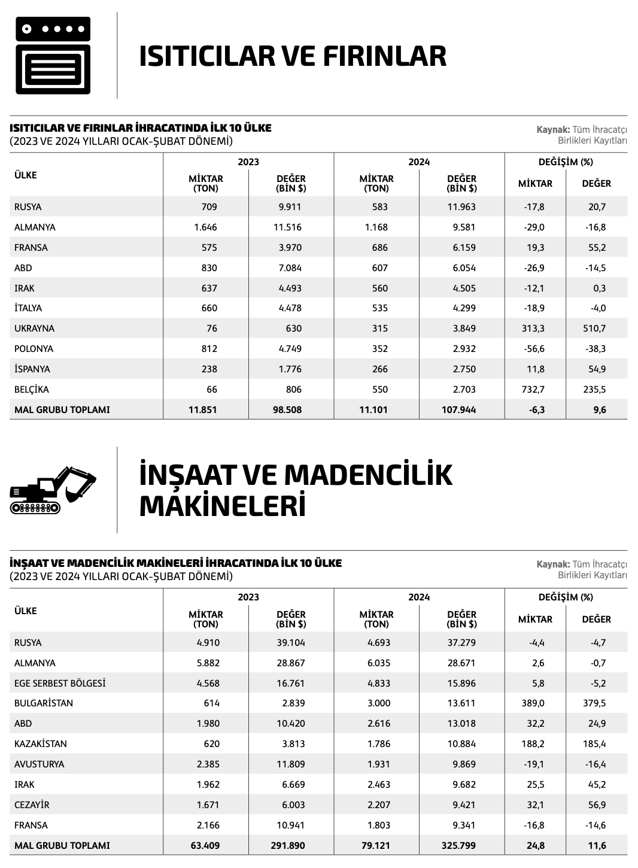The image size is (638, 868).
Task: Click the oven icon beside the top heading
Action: pos(53,55)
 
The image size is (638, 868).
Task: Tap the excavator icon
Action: pos(53,490)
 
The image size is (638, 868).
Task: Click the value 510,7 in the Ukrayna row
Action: pos(597,328)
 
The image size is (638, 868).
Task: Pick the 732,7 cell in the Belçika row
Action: pos(533,389)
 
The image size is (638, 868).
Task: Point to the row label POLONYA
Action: pos(34,348)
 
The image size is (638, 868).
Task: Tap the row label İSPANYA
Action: pos(32,369)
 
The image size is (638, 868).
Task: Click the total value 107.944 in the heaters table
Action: pos(461,410)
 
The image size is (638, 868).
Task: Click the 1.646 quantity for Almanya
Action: pos(205,227)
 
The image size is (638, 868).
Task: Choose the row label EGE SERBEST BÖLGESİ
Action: pos(60,683)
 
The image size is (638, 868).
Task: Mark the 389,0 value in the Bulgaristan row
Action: pos(533,703)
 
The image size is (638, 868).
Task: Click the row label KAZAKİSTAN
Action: pos(41,744)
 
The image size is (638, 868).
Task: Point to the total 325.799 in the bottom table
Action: pos(461,846)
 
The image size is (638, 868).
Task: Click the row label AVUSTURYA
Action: pos(39,764)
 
